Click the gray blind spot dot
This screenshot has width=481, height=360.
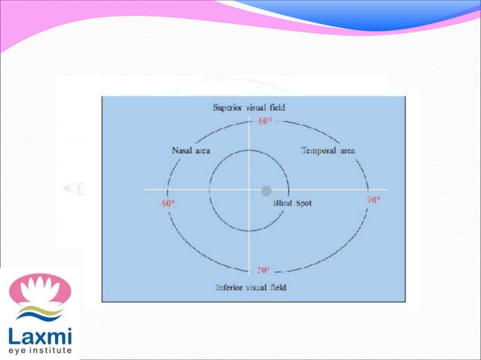pyautogui.click(x=266, y=191)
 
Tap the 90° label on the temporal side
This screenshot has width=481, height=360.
pyautogui.click(x=372, y=201)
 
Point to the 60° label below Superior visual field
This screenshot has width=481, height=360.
pyautogui.click(x=265, y=121)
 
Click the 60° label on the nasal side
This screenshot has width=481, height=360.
pyautogui.click(x=167, y=204)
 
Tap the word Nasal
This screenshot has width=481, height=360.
pyautogui.click(x=182, y=151)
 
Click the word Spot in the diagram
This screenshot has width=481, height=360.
pyautogui.click(x=302, y=203)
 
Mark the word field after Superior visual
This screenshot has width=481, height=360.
pyautogui.click(x=277, y=108)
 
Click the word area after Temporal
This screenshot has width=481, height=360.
pyautogui.click(x=347, y=151)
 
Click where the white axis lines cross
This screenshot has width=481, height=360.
pyautogui.click(x=249, y=190)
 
